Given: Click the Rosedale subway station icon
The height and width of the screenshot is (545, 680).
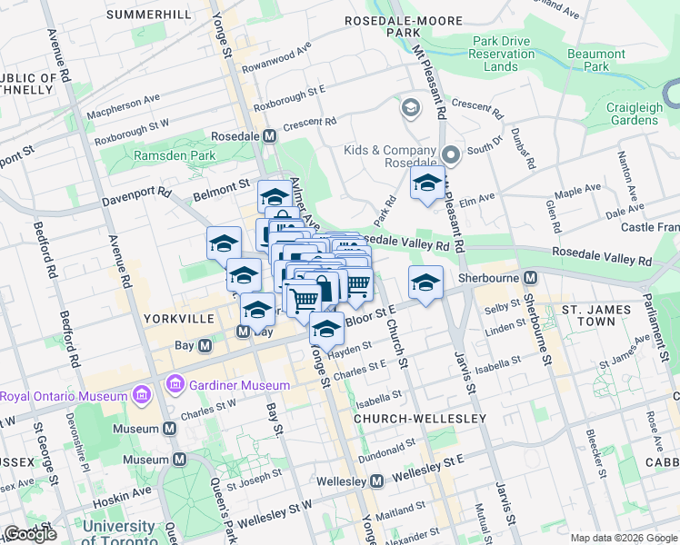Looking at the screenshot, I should (269, 136).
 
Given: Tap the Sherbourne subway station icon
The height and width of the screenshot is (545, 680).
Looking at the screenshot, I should (532, 277).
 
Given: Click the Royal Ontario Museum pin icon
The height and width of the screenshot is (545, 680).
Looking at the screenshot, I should (142, 396).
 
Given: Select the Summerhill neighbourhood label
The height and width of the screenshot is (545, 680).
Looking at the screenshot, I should (149, 15).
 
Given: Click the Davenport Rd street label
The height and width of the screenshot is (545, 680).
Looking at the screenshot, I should (137, 193).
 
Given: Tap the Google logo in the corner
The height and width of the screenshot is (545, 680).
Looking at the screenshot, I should (30, 534).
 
